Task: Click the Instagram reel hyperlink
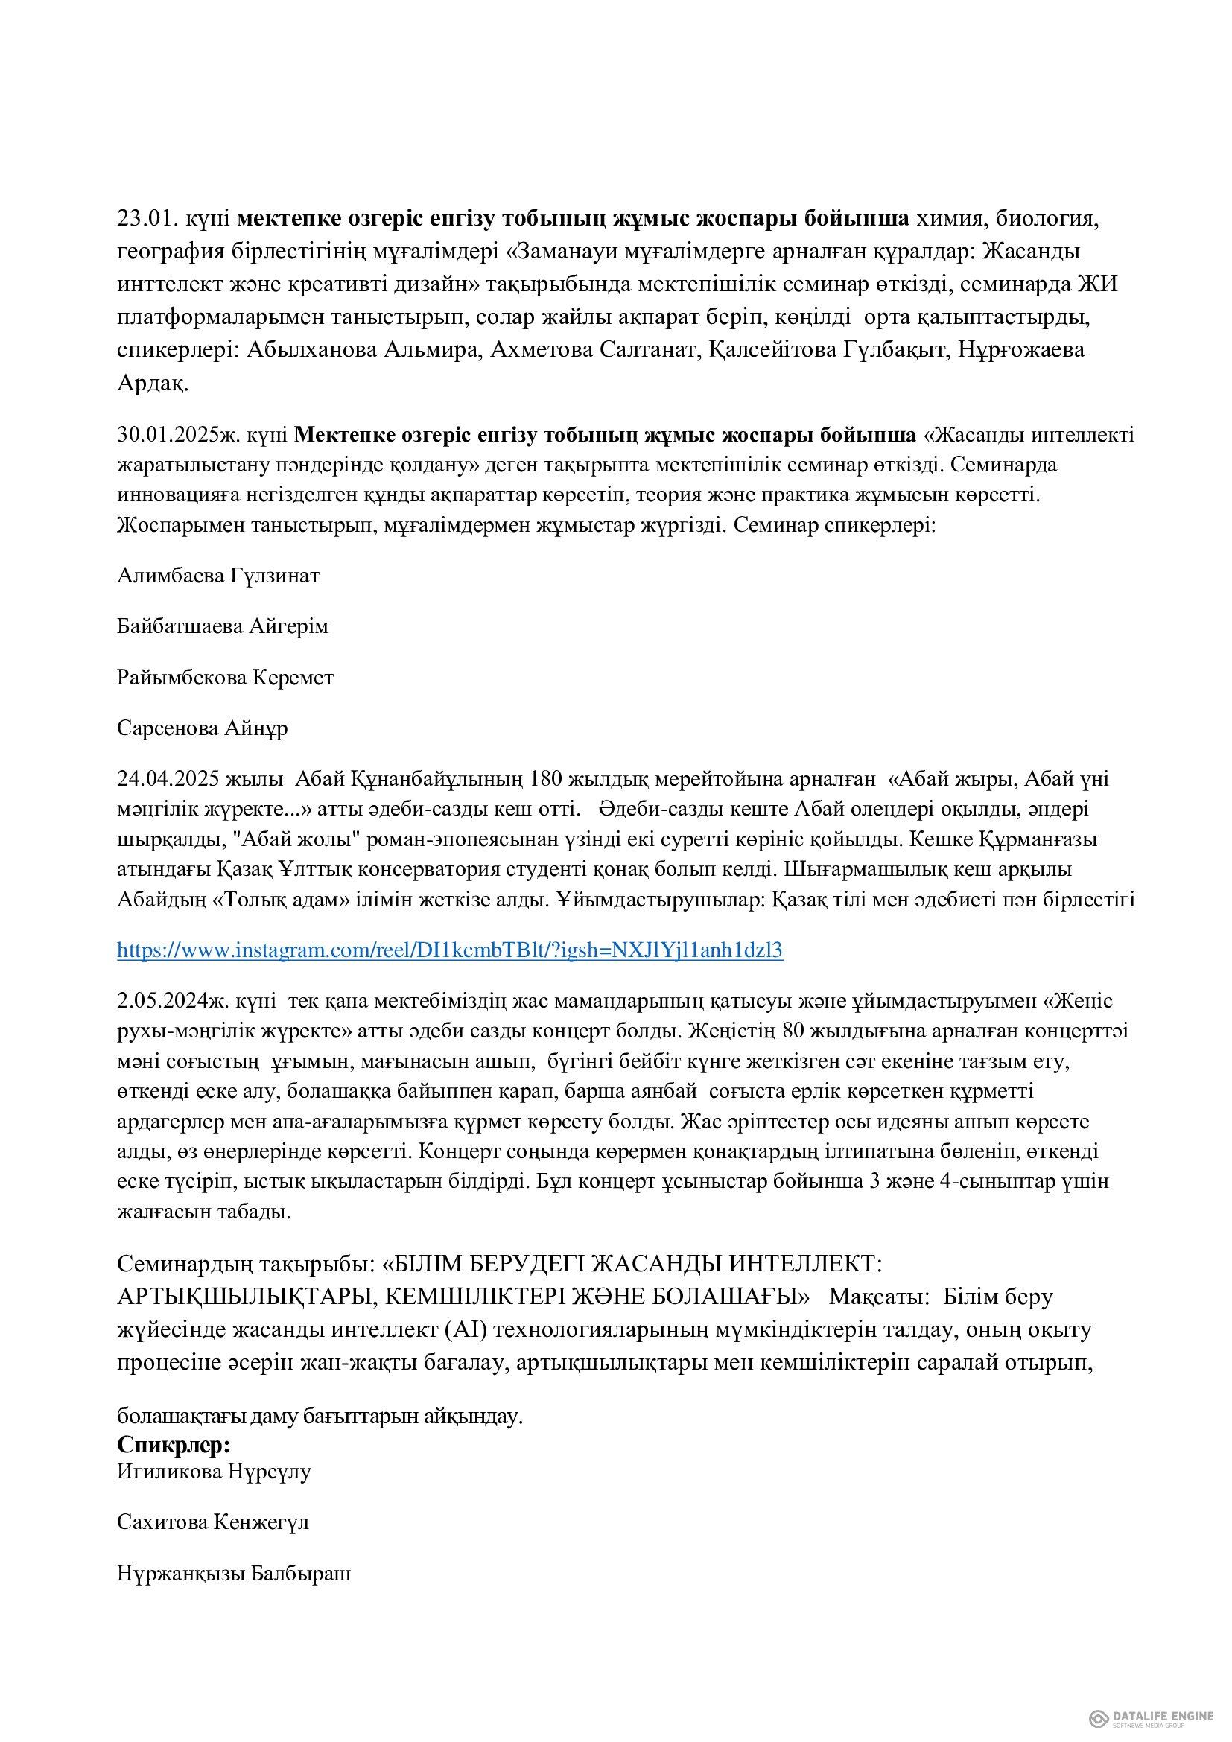tap(449, 950)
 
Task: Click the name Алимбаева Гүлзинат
tap(218, 575)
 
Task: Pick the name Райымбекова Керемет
tap(225, 677)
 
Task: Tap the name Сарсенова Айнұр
tap(203, 728)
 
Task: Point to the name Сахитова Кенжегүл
tap(213, 1522)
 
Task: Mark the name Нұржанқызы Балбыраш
tap(234, 1573)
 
